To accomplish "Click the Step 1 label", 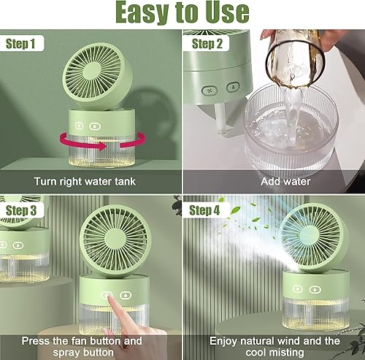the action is [20, 44].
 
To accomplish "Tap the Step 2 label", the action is [207, 44].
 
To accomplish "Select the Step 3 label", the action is [21, 210].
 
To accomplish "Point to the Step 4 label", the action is [204, 210].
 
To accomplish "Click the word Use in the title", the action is [227, 12].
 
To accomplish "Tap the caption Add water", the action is [285, 181].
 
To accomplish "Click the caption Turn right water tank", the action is [85, 182].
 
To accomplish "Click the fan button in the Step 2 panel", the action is [210, 91].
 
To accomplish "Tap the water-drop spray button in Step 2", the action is [233, 87].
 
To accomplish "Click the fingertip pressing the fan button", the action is [109, 296].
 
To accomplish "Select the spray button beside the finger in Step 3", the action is [126, 295].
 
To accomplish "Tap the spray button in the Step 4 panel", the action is [315, 290].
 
